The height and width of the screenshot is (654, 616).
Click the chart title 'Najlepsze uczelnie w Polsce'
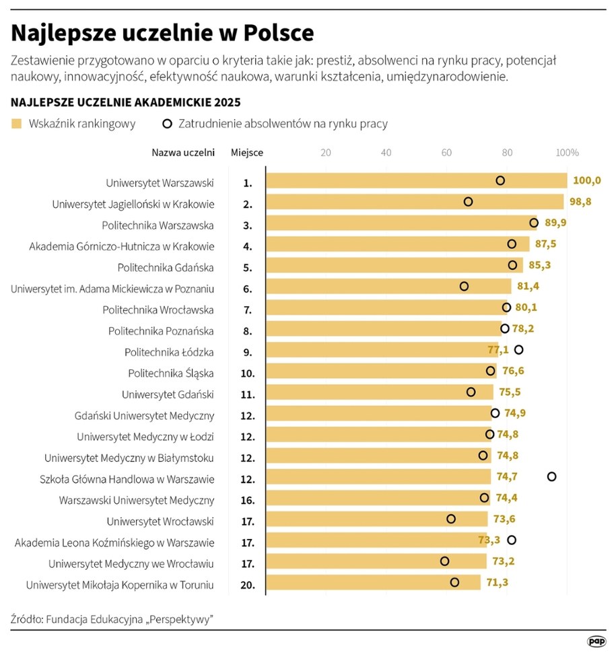162,32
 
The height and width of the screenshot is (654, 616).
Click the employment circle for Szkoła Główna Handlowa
552,476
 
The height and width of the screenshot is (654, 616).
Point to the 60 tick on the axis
446,152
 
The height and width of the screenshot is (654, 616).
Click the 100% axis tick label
567,152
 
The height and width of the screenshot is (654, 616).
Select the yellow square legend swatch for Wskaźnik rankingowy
17,124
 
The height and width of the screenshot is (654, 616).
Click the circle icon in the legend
166,124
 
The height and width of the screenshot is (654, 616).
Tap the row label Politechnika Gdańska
166,267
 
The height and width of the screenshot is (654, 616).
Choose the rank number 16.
247,501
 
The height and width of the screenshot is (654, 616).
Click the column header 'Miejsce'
246,152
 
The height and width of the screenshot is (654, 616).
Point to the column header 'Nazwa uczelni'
183,152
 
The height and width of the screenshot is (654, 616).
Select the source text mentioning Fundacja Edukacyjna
112,618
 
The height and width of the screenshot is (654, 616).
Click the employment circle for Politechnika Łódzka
518,350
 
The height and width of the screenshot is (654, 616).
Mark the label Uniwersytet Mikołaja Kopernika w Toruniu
120,585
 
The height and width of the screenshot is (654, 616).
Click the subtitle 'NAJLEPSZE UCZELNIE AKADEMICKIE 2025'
126,102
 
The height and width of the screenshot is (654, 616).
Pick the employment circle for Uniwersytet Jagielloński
469,202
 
